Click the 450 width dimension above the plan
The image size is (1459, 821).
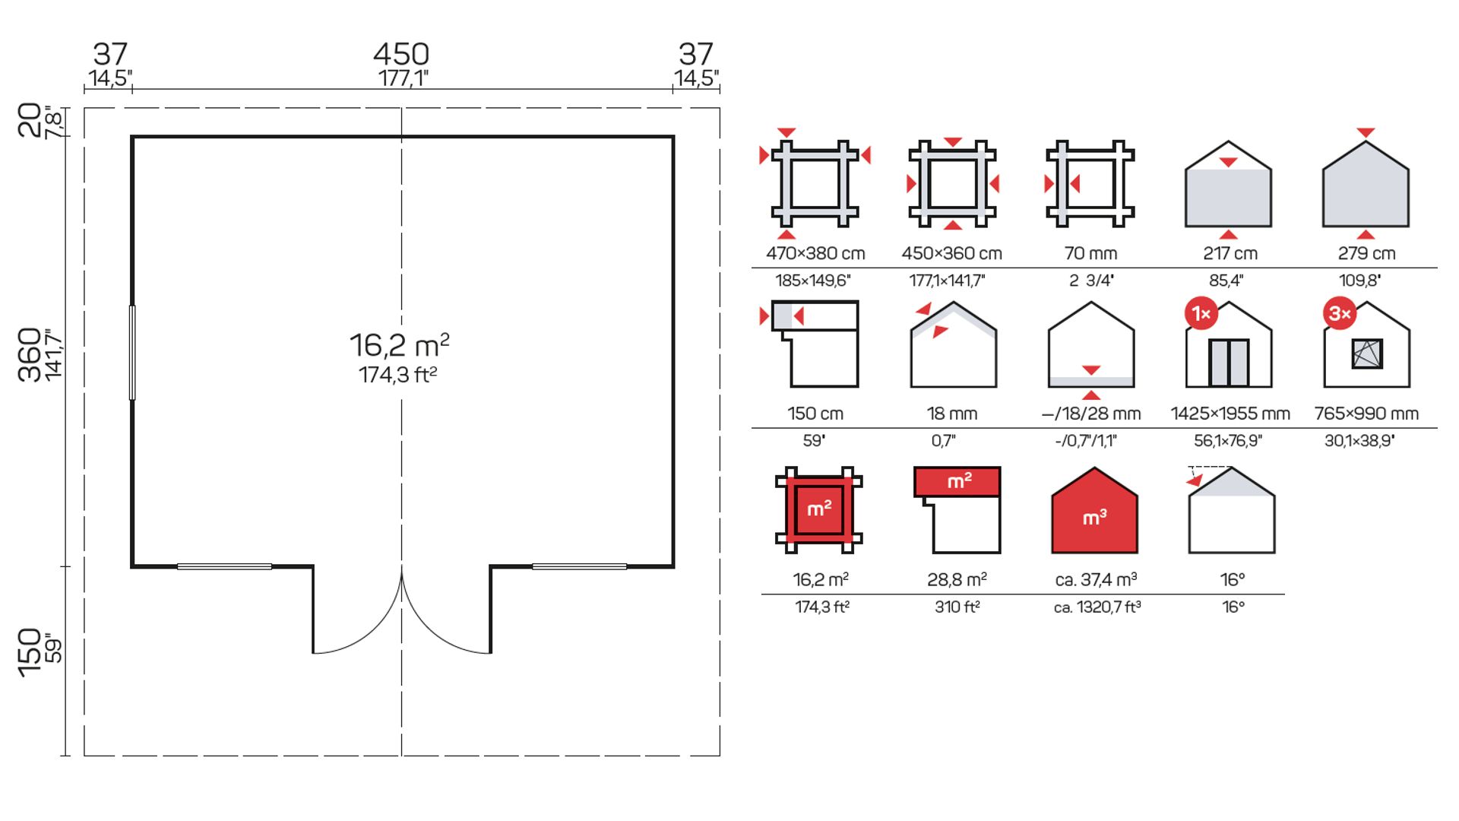point(401,54)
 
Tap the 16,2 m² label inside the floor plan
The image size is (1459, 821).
point(400,345)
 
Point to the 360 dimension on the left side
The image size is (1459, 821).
point(30,354)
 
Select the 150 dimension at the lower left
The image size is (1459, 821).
point(30,652)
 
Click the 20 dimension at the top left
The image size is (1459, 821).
point(30,120)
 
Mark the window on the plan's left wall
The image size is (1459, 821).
point(132,352)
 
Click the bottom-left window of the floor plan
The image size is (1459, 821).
point(224,566)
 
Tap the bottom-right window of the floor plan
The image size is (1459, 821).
point(579,566)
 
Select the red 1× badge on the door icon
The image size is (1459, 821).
point(1201,313)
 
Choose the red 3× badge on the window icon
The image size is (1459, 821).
point(1340,313)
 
